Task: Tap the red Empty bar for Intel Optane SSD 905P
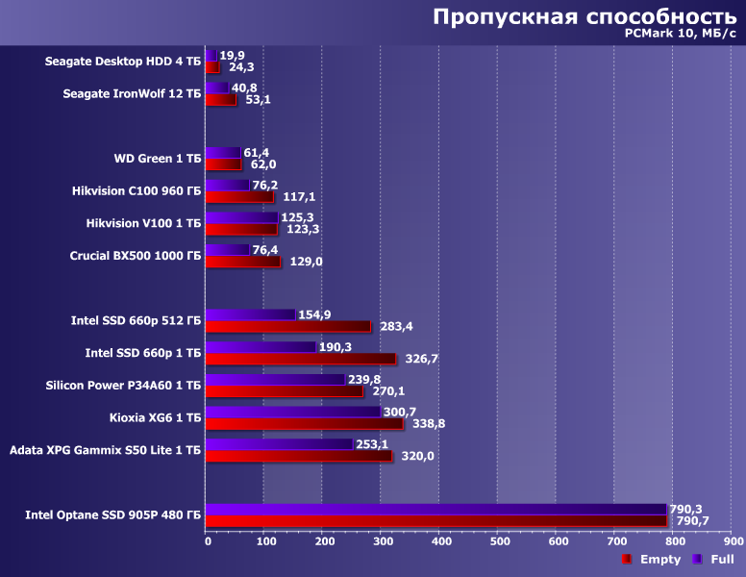pyautogui.click(x=435, y=521)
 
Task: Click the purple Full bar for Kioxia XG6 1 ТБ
pyautogui.click(x=293, y=412)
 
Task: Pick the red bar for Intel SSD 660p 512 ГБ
pyautogui.click(x=287, y=326)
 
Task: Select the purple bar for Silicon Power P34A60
pyautogui.click(x=275, y=379)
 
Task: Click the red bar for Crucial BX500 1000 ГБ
pyautogui.click(x=243, y=262)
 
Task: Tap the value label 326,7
pyautogui.click(x=419, y=359)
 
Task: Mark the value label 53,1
pyautogui.click(x=259, y=99)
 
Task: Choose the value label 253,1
pyautogui.click(x=376, y=444)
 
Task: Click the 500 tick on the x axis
pyautogui.click(x=500, y=542)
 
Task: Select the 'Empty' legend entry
pyautogui.click(x=659, y=560)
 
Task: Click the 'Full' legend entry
pyautogui.click(x=722, y=560)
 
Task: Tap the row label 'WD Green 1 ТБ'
pyautogui.click(x=158, y=158)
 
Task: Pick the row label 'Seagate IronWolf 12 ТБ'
pyautogui.click(x=132, y=93)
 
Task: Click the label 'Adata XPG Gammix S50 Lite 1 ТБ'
pyautogui.click(x=105, y=450)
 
